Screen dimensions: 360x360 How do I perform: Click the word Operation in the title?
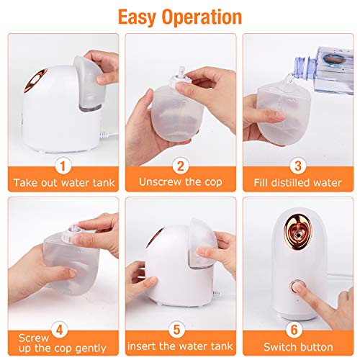[x=202, y=17]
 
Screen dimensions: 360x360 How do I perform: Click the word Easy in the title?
[x=136, y=17]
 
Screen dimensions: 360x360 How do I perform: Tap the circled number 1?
[x=63, y=166]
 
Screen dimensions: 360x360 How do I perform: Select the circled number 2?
[x=181, y=166]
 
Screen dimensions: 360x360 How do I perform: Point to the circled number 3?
[x=298, y=166]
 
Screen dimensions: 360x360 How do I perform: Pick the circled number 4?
[x=59, y=330]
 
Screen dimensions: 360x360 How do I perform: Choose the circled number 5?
[x=177, y=330]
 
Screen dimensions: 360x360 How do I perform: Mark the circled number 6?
[x=294, y=330]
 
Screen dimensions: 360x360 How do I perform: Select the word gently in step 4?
[x=91, y=348]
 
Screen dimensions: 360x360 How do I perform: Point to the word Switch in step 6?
[x=278, y=347]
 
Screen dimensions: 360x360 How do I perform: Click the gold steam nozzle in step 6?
[x=298, y=231]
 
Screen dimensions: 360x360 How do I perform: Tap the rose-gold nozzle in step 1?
[x=36, y=80]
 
